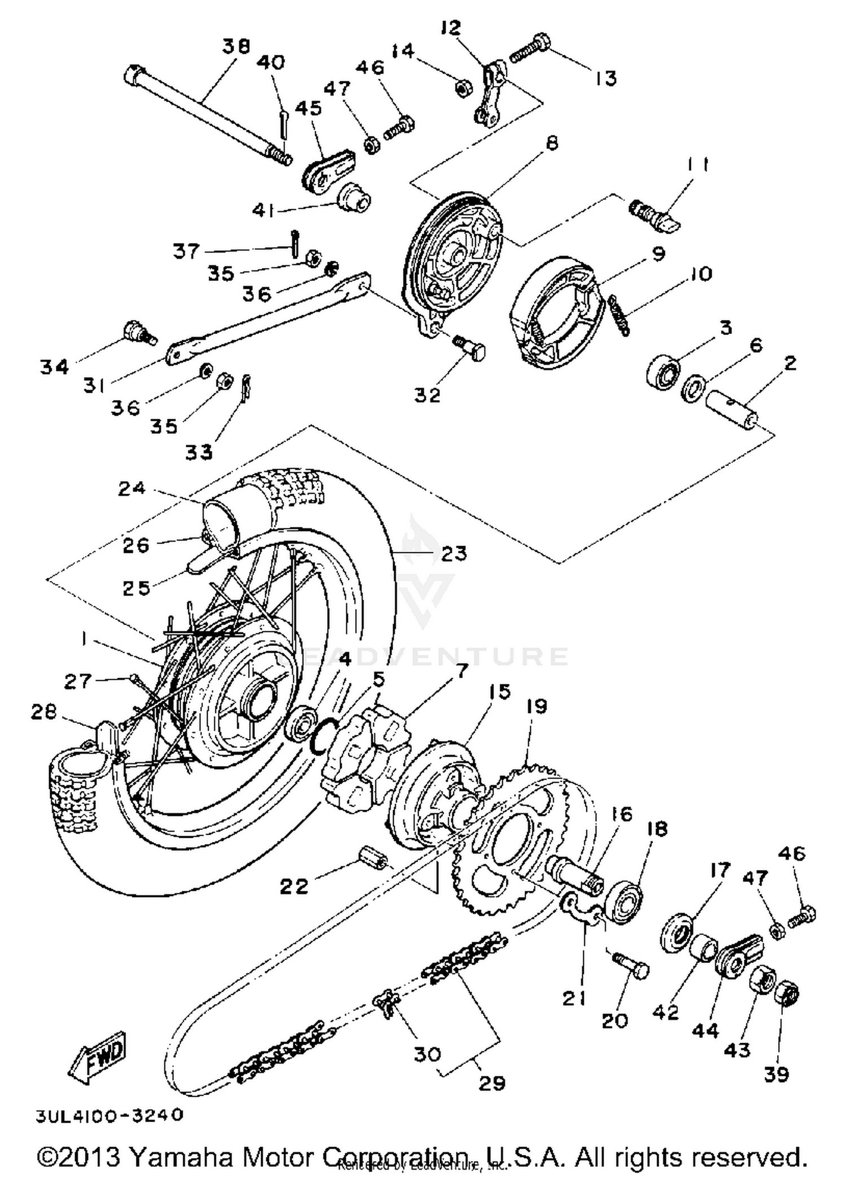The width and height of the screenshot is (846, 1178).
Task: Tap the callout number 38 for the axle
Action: pos(236,46)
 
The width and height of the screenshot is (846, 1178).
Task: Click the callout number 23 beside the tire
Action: pos(454,553)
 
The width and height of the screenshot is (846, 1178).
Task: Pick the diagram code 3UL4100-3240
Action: pos(110,1115)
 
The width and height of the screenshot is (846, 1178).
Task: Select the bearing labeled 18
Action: pos(624,900)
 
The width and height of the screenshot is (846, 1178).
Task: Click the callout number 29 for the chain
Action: pos(491,1083)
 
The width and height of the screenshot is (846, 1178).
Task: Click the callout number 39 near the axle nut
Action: pos(776,1074)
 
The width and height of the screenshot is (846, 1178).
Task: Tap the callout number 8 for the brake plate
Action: pos(552,143)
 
